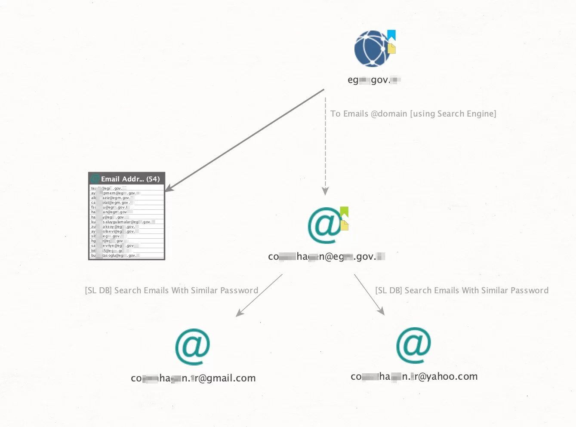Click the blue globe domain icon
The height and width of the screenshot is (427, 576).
click(x=371, y=49)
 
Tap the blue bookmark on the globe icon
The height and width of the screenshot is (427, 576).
click(x=391, y=35)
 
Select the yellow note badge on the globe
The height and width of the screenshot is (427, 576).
click(x=391, y=48)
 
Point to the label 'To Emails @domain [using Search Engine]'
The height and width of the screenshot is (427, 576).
click(x=413, y=114)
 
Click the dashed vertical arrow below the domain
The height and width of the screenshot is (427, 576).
click(x=325, y=146)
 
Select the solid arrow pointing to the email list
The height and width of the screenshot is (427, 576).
click(x=245, y=140)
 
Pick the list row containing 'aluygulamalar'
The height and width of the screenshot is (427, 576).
click(x=127, y=222)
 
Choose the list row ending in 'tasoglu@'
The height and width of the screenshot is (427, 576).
click(x=127, y=255)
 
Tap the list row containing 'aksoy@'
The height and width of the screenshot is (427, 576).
click(x=127, y=227)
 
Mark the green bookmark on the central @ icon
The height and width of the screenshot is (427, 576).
click(x=344, y=212)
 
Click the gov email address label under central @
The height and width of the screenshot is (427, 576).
click(x=326, y=257)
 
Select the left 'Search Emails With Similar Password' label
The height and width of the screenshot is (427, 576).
click(x=172, y=290)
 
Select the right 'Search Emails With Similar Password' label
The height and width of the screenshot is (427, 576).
click(x=462, y=290)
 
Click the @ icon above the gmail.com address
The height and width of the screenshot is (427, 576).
click(x=192, y=347)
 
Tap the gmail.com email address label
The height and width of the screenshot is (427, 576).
click(x=193, y=378)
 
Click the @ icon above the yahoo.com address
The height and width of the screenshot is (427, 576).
click(x=413, y=345)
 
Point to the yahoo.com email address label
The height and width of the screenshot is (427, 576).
click(x=414, y=377)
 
